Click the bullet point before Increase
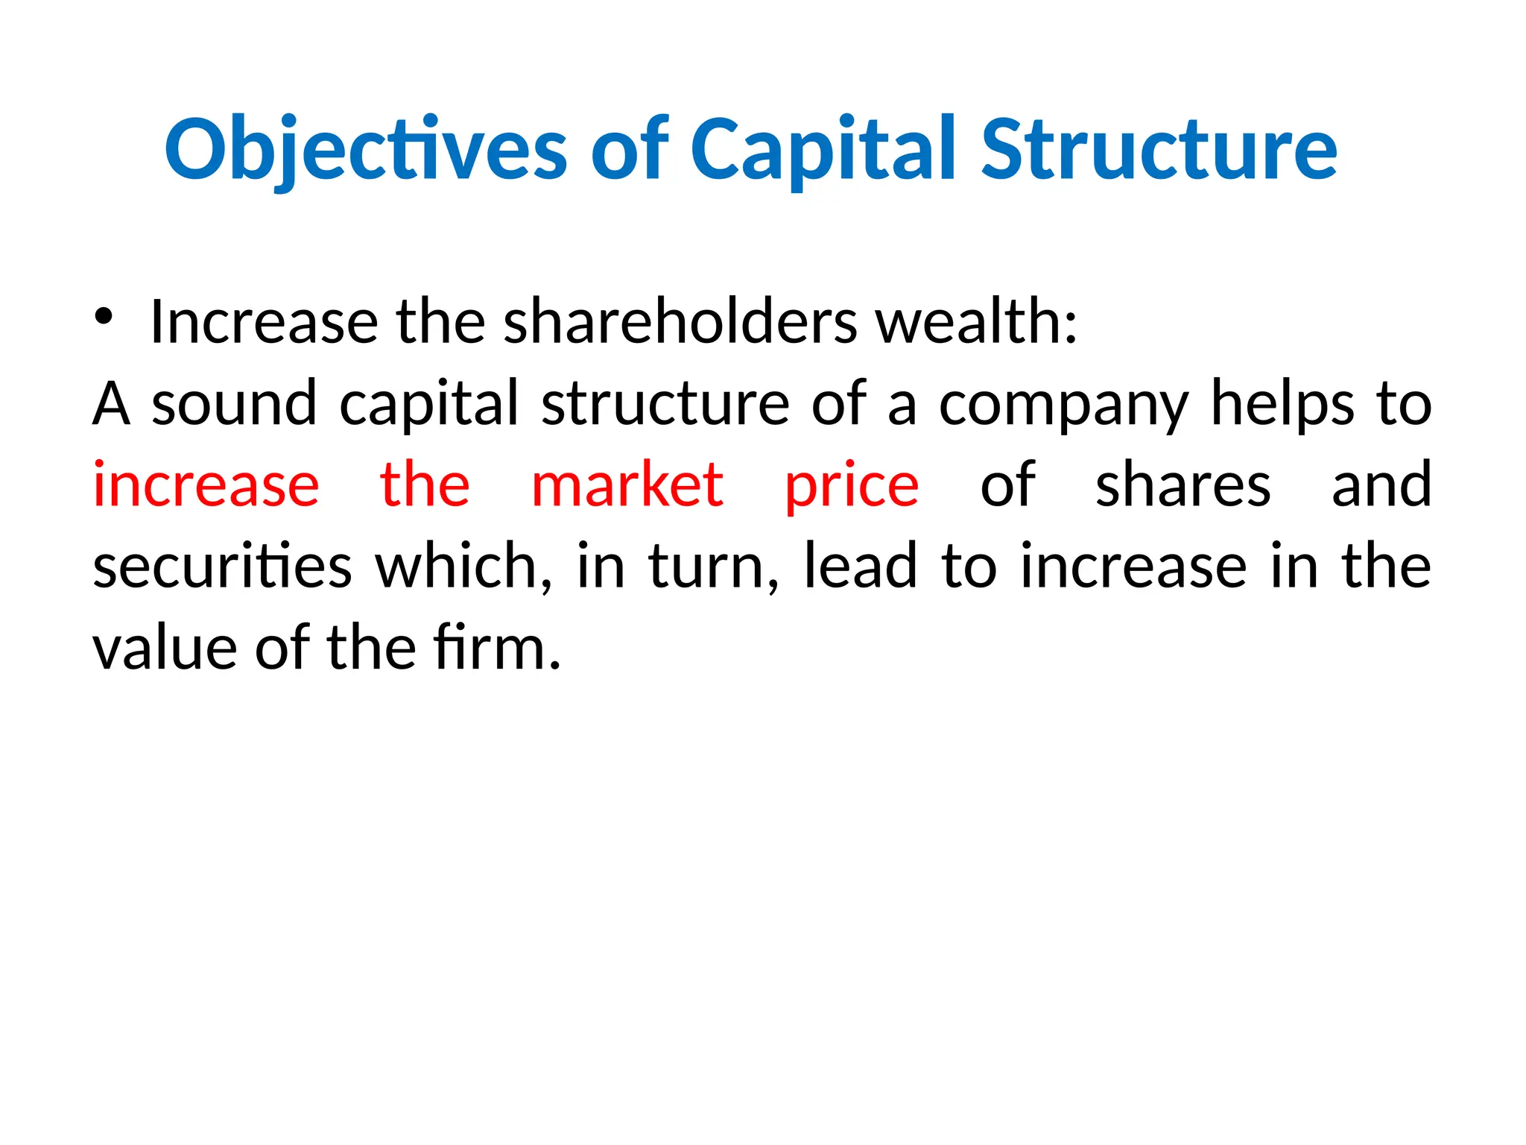(x=103, y=318)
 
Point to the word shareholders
(x=680, y=322)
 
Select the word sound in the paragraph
(x=235, y=403)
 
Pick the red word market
(x=627, y=485)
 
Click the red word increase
(x=206, y=485)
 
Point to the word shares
(x=1183, y=485)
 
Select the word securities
(x=222, y=567)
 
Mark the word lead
(x=860, y=567)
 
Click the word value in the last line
(x=165, y=648)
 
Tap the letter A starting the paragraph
(x=112, y=403)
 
